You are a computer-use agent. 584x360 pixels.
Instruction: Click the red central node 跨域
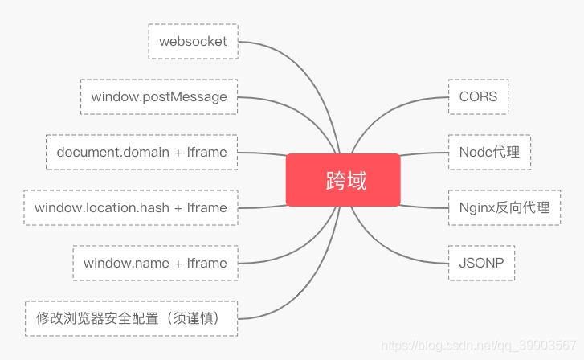(343, 180)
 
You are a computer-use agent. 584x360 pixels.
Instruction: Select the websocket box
(194, 41)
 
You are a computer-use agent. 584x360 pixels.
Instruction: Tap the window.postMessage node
(159, 97)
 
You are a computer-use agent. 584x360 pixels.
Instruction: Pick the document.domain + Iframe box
(142, 152)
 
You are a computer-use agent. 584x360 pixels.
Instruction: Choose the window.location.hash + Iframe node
(131, 207)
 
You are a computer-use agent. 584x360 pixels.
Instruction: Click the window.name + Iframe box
(155, 263)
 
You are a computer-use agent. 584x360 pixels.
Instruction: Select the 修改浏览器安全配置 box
(132, 319)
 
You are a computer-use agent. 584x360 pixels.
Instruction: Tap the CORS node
(478, 96)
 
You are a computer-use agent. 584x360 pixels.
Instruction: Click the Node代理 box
(489, 152)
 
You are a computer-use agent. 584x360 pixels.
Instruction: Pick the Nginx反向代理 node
(504, 207)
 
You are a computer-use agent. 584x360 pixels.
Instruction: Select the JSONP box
(481, 263)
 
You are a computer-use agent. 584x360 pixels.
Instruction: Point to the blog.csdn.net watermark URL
(479, 346)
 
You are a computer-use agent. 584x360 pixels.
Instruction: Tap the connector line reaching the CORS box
(387, 111)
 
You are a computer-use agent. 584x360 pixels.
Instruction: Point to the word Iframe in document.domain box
(206, 152)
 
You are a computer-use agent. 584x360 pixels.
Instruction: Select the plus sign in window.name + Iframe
(178, 264)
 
